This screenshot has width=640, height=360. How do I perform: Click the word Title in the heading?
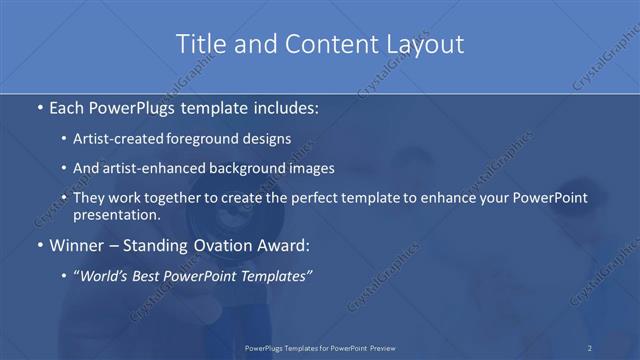pyautogui.click(x=199, y=44)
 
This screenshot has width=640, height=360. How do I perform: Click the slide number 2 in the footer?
pyautogui.click(x=589, y=348)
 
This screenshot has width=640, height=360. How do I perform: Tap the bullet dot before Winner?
pyautogui.click(x=39, y=244)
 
